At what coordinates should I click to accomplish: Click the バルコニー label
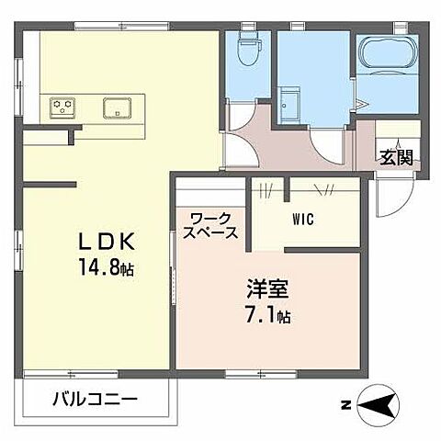click(95, 400)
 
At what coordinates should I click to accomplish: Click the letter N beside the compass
click(345, 403)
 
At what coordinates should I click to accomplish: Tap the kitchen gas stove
click(62, 107)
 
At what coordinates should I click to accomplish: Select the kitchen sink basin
click(117, 107)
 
